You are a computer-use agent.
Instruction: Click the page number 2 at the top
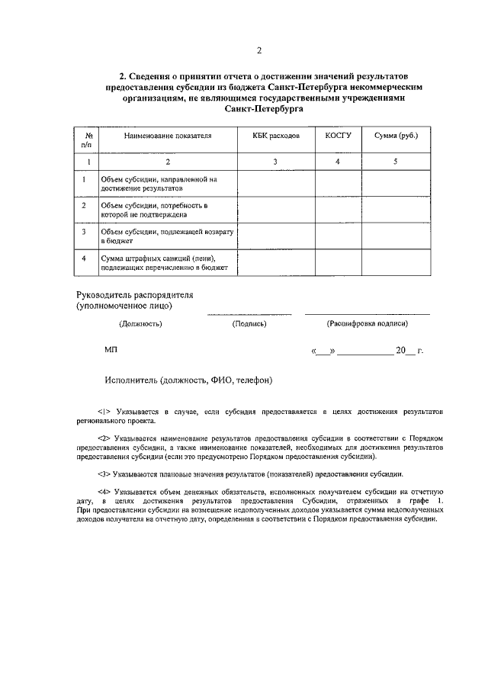click(258, 51)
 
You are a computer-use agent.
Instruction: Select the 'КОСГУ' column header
click(338, 135)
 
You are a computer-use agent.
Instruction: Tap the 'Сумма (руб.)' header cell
click(396, 135)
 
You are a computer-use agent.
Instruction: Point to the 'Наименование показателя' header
click(168, 135)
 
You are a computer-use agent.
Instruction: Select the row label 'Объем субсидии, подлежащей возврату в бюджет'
click(167, 235)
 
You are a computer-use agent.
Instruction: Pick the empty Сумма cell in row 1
click(396, 183)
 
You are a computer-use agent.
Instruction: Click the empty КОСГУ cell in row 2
click(338, 210)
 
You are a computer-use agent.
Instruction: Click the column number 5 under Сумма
click(396, 162)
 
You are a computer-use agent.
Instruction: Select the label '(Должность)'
click(140, 323)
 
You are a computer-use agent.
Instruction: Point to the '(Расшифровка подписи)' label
click(368, 323)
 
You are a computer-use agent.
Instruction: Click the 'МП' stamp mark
click(111, 350)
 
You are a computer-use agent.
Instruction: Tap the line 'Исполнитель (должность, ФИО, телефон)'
click(189, 379)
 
